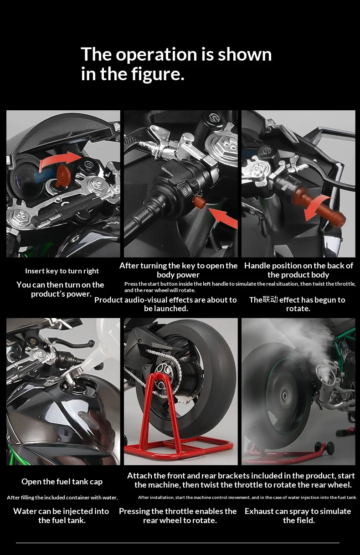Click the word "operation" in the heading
click(157, 55)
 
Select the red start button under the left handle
click(199, 202)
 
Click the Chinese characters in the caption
click(270, 299)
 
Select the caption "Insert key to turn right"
click(62, 271)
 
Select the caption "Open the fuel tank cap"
click(62, 482)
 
